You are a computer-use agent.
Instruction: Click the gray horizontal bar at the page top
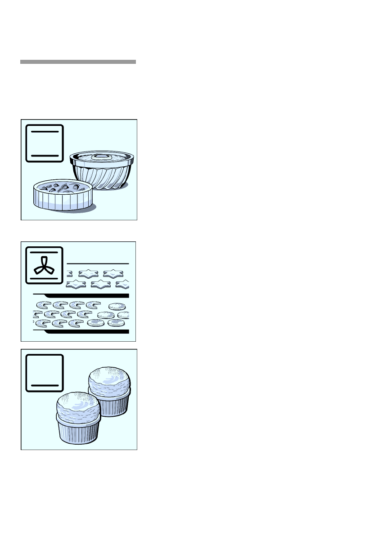pyautogui.click(x=78, y=62)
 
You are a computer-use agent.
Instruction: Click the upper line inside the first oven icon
pyautogui.click(x=45, y=132)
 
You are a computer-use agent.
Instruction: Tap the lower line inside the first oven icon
pyautogui.click(x=45, y=155)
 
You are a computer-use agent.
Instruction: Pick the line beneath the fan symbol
pyautogui.click(x=44, y=279)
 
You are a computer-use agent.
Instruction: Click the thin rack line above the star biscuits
pyautogui.click(x=98, y=263)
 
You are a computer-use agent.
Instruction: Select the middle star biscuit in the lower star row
pyautogui.click(x=100, y=284)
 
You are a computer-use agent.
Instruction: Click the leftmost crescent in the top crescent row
pyautogui.click(x=44, y=305)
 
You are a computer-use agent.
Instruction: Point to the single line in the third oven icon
pyautogui.click(x=45, y=385)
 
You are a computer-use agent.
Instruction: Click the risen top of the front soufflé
pyautogui.click(x=77, y=404)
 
